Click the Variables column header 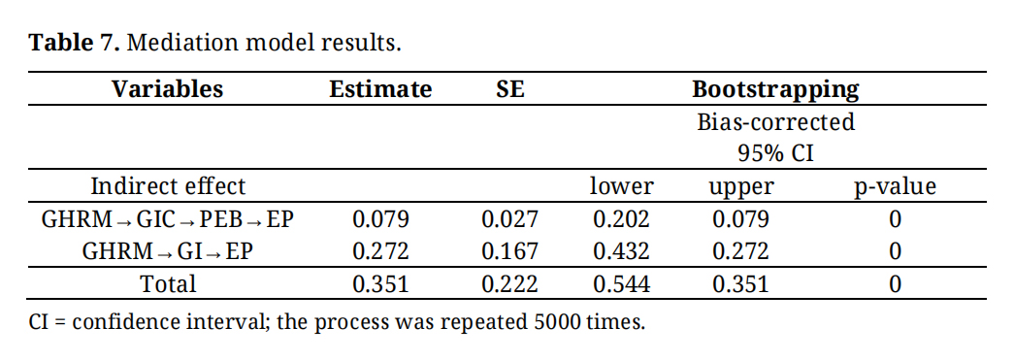tap(168, 88)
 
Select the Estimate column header tap(380, 88)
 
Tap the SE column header tap(510, 88)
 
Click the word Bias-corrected tap(775, 121)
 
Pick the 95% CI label tap(775, 153)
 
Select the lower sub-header tap(621, 186)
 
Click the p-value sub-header tap(895, 187)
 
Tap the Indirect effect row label tap(168, 186)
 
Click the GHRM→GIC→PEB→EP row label tap(168, 219)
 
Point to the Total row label tap(168, 283)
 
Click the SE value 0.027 tap(509, 219)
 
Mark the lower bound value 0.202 tap(621, 219)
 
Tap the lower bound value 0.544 tap(621, 283)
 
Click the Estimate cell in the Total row tap(380, 283)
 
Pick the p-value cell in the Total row tap(895, 283)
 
